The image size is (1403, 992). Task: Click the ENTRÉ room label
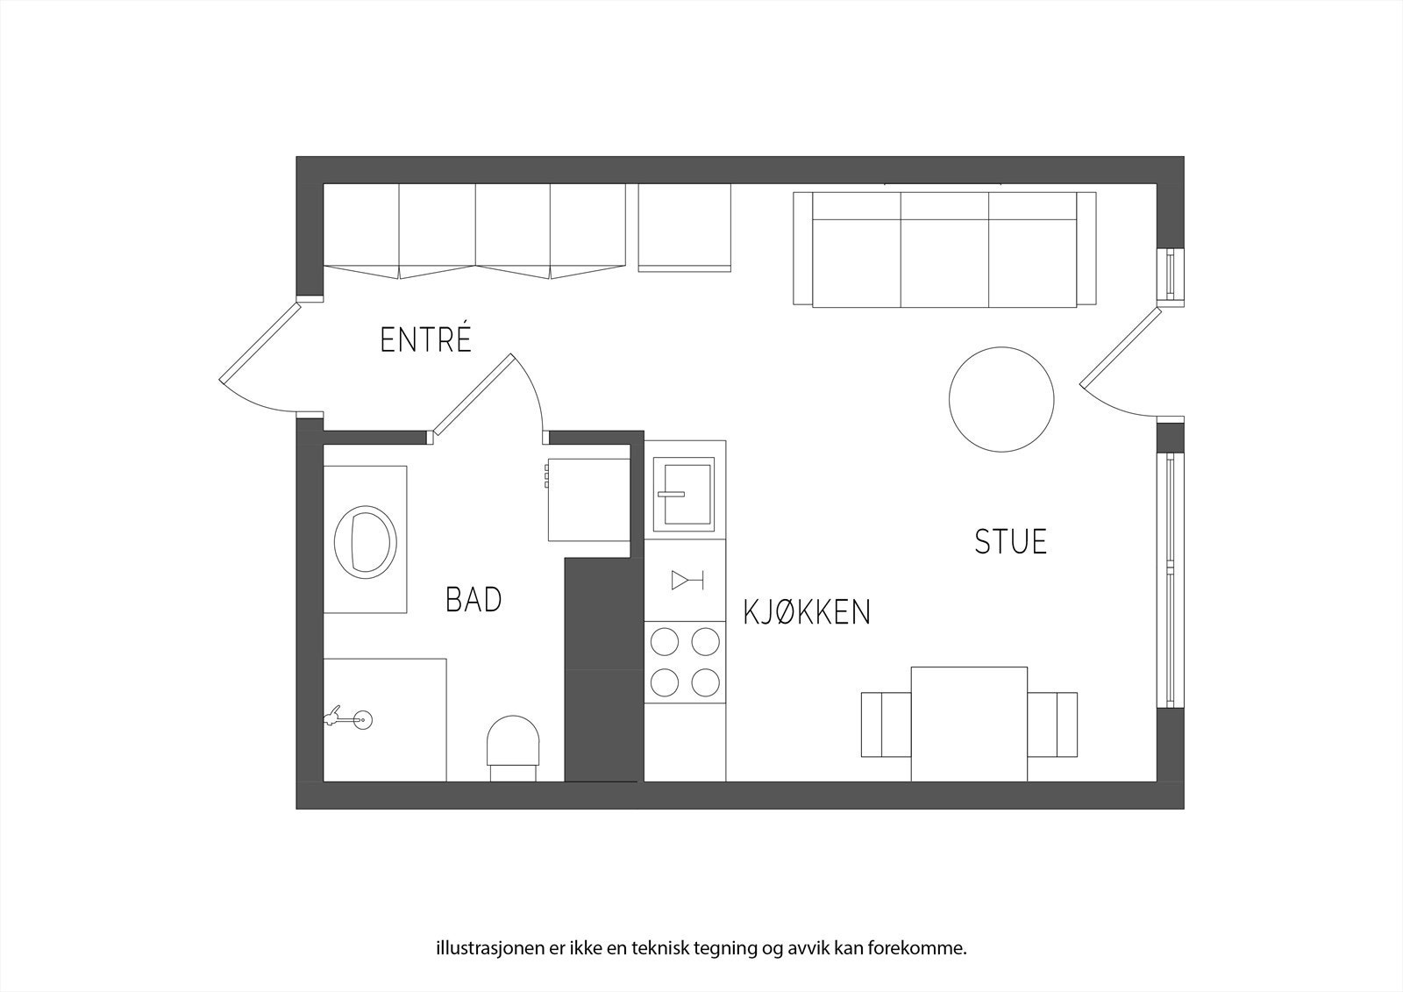pyautogui.click(x=425, y=339)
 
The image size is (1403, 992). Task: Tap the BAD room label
pyautogui.click(x=474, y=600)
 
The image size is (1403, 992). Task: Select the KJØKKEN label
pyautogui.click(x=807, y=612)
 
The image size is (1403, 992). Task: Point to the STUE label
pyautogui.click(x=1010, y=541)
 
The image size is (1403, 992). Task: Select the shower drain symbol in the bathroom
pyautogui.click(x=364, y=720)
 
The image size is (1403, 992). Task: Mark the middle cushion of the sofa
pyautogui.click(x=944, y=250)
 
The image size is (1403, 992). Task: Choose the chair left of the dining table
pyautogui.click(x=886, y=724)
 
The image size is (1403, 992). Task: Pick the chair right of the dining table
pyautogui.click(x=1052, y=724)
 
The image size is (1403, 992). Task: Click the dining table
pyautogui.click(x=969, y=724)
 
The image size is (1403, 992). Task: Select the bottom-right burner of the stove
pyautogui.click(x=706, y=682)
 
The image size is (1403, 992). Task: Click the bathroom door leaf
pyautogui.click(x=472, y=395)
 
